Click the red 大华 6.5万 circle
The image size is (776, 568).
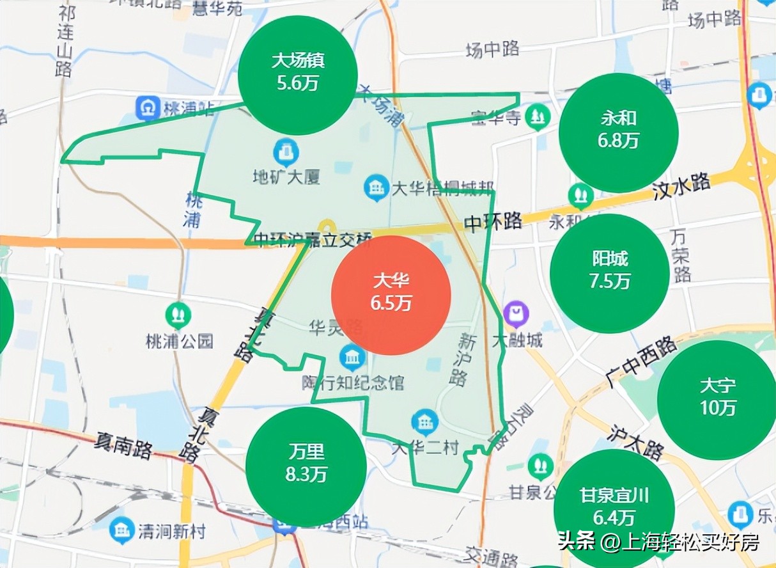click(x=391, y=295)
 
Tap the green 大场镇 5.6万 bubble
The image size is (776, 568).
click(x=297, y=74)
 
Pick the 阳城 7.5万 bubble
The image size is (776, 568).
click(x=610, y=272)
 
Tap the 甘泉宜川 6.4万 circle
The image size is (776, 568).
click(x=614, y=507)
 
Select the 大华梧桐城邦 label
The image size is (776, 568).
click(x=434, y=189)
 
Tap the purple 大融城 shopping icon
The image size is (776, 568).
click(x=515, y=314)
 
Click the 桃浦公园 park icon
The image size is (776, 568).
click(x=178, y=314)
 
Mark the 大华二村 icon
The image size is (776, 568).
click(x=424, y=422)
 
